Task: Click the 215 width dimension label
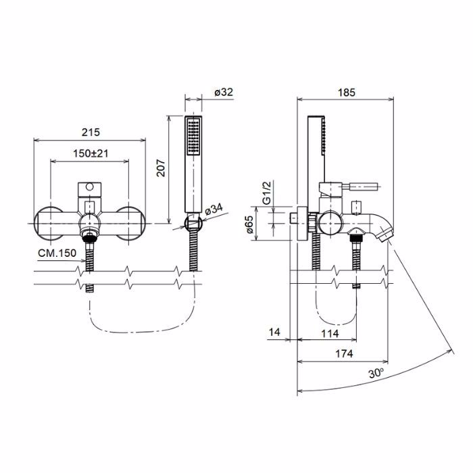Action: click(91, 132)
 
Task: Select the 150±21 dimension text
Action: click(91, 153)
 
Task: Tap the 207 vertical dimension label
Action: click(161, 168)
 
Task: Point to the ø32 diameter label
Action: click(224, 92)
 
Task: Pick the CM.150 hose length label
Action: click(57, 253)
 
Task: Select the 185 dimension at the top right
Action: click(346, 93)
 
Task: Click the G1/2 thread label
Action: click(267, 193)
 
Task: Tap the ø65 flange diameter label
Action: click(249, 224)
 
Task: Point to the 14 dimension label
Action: click(274, 332)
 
